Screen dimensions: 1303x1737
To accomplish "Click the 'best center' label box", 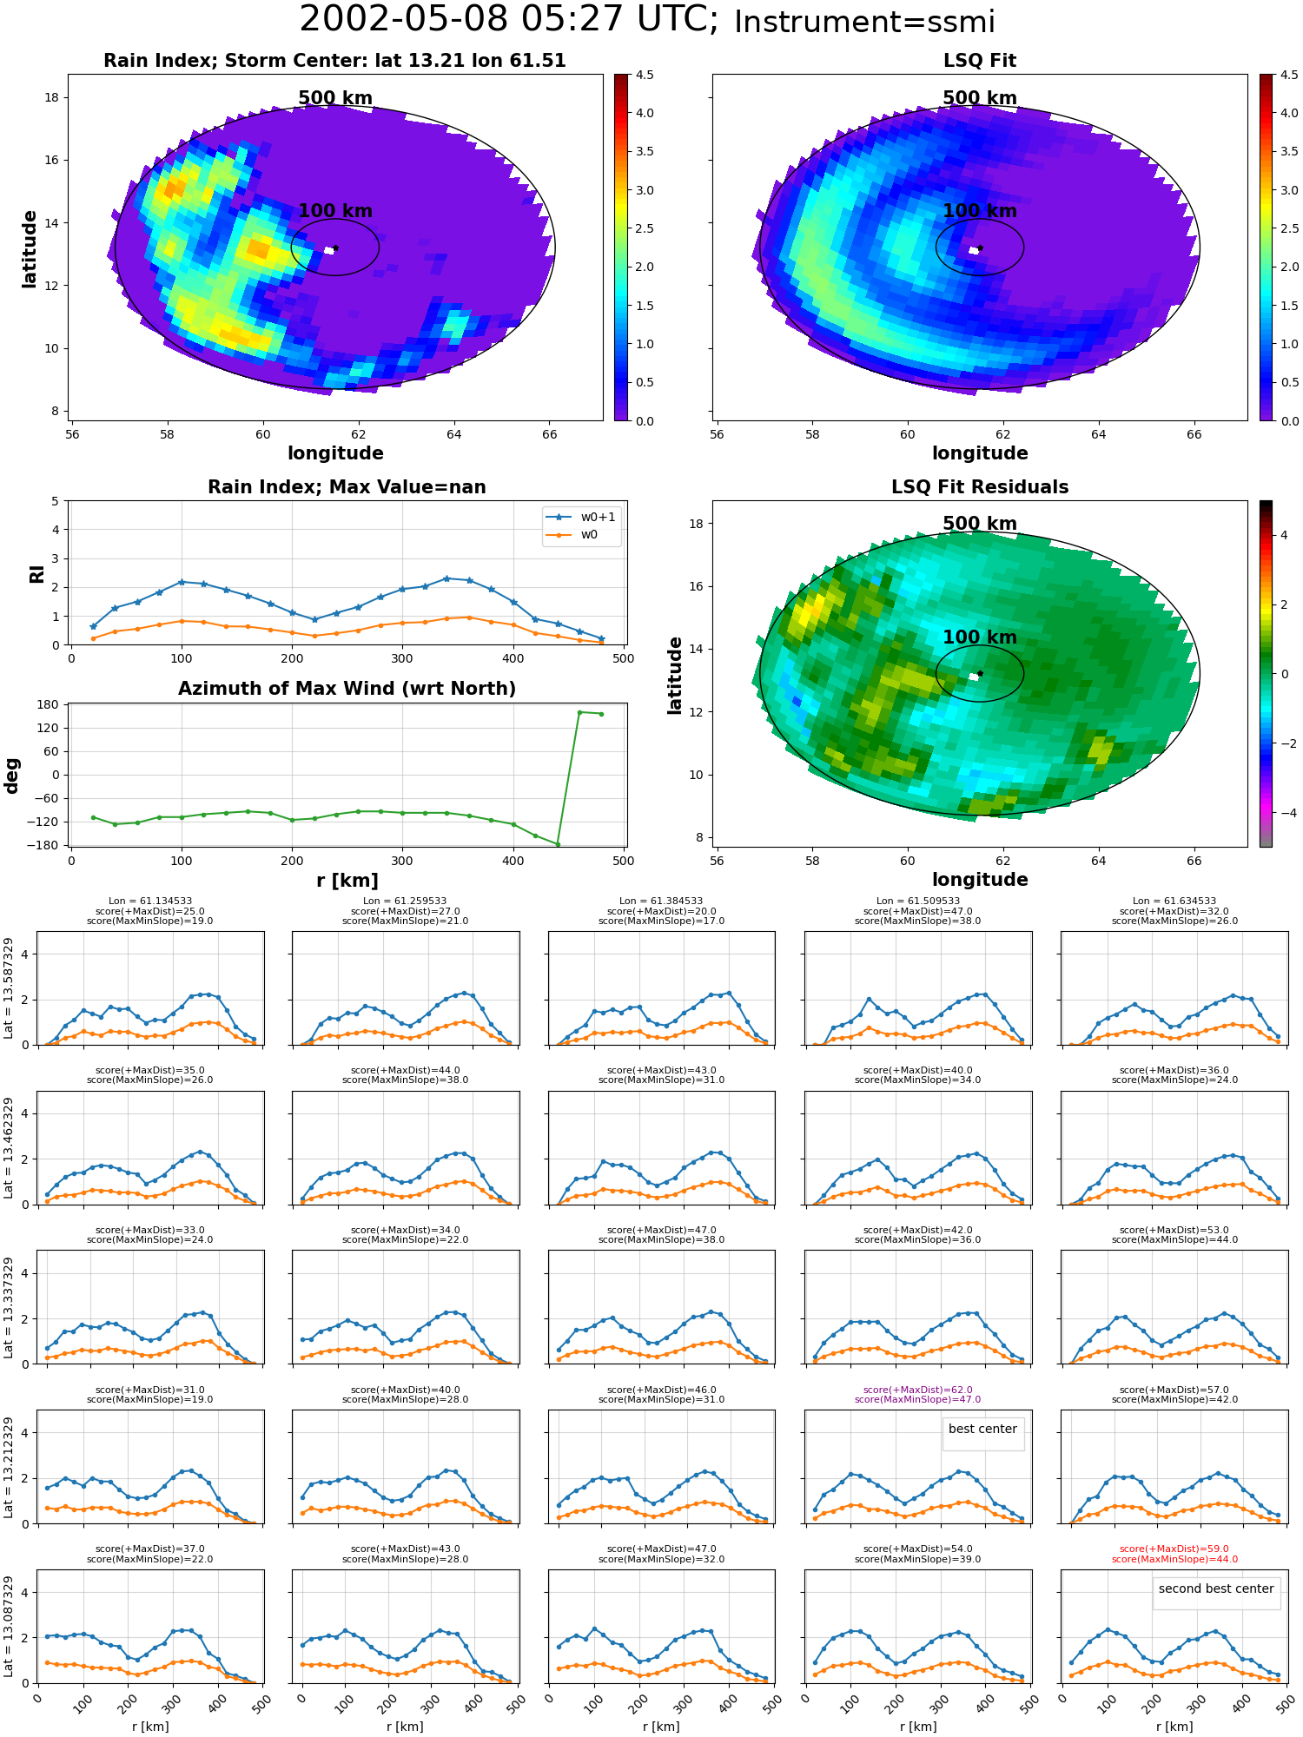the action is [982, 1434].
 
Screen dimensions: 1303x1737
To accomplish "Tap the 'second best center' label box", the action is [1216, 1594].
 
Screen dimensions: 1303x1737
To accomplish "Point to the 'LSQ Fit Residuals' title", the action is [980, 487].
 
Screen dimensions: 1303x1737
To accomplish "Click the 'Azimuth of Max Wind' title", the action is [347, 689].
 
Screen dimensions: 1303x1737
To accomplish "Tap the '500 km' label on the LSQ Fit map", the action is [980, 98].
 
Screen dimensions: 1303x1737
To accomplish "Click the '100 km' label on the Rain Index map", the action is [335, 211].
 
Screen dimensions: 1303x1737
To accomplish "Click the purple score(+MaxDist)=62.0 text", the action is [917, 1390].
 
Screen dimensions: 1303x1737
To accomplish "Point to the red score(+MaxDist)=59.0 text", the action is [1174, 1549].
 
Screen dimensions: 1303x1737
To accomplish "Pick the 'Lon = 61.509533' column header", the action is [917, 902].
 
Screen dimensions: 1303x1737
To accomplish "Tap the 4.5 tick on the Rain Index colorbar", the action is [645, 75].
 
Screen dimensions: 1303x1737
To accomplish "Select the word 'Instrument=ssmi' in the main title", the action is [864, 22].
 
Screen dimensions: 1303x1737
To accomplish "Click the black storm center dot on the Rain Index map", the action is [335, 248].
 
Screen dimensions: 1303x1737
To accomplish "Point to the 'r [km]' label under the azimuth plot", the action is [347, 881].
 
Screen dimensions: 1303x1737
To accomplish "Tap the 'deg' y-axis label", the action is [12, 776].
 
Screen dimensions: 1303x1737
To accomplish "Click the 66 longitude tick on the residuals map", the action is [1194, 861].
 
